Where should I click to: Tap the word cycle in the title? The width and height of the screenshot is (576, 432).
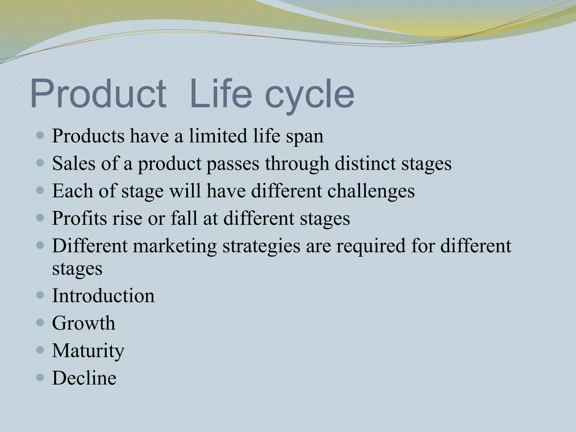tap(309, 96)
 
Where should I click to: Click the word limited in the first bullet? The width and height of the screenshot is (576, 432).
tap(218, 136)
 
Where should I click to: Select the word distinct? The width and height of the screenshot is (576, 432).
tap(365, 163)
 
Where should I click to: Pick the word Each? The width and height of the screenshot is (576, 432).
tap(73, 191)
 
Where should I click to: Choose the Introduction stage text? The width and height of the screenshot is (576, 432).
tap(103, 296)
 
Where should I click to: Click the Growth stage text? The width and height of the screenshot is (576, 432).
tap(84, 323)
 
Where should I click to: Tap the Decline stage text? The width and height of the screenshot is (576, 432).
tap(84, 378)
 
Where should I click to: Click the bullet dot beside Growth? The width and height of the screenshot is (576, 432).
tap(40, 323)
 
